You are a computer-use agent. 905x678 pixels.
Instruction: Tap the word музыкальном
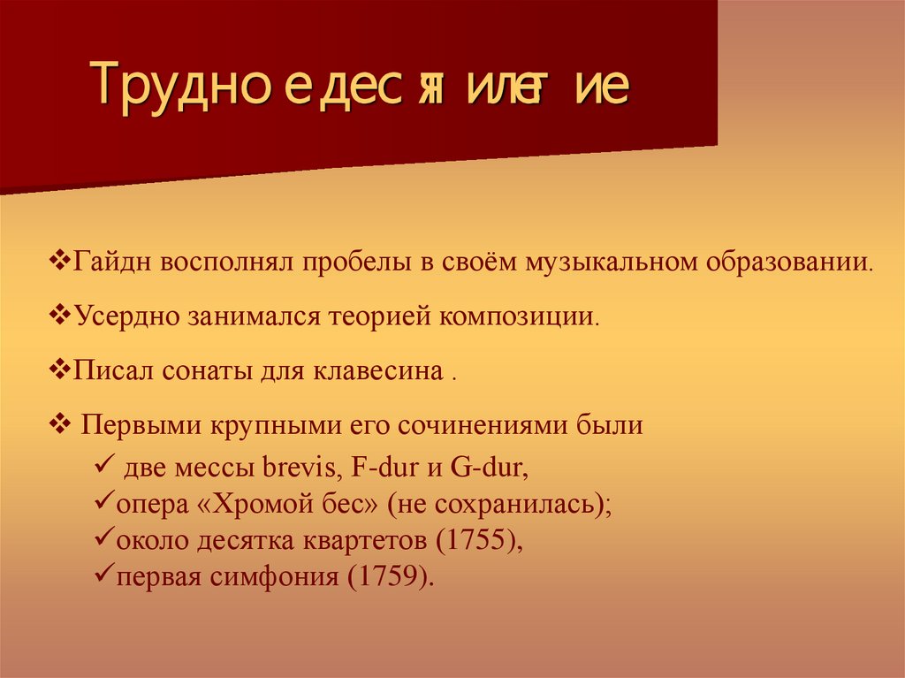611,263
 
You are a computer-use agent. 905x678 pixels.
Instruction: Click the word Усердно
125,316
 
